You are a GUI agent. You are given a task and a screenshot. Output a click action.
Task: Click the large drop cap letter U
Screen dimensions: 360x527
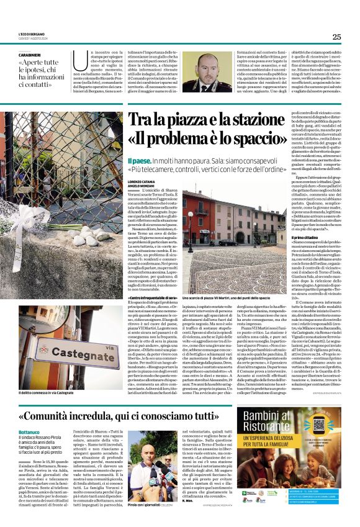point(77,60)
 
